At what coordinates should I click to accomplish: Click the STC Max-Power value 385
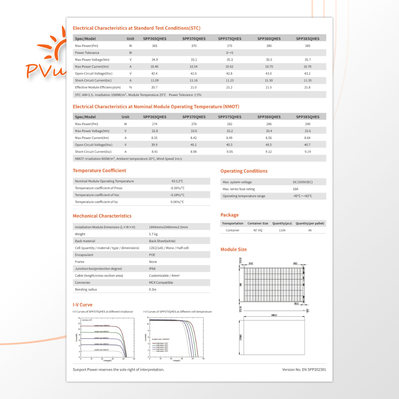(308, 46)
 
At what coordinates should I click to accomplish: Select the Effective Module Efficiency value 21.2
(229, 87)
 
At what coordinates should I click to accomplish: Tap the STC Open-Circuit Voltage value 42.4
(154, 74)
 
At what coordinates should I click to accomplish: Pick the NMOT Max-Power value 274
(154, 124)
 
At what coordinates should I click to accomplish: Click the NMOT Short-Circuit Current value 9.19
(308, 152)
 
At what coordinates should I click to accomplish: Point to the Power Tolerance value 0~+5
(229, 53)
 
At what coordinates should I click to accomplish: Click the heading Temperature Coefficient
(99, 170)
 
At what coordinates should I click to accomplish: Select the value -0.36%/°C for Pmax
(177, 188)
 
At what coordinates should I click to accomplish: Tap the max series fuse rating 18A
(296, 189)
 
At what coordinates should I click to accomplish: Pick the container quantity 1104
(282, 230)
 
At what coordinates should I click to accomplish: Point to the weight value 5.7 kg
(153, 234)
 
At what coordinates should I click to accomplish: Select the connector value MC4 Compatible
(161, 282)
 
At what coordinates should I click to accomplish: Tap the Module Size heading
(233, 249)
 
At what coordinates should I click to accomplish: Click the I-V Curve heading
(83, 305)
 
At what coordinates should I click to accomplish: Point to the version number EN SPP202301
(304, 369)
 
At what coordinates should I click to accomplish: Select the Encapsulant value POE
(152, 255)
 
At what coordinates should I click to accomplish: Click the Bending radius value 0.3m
(152, 289)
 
